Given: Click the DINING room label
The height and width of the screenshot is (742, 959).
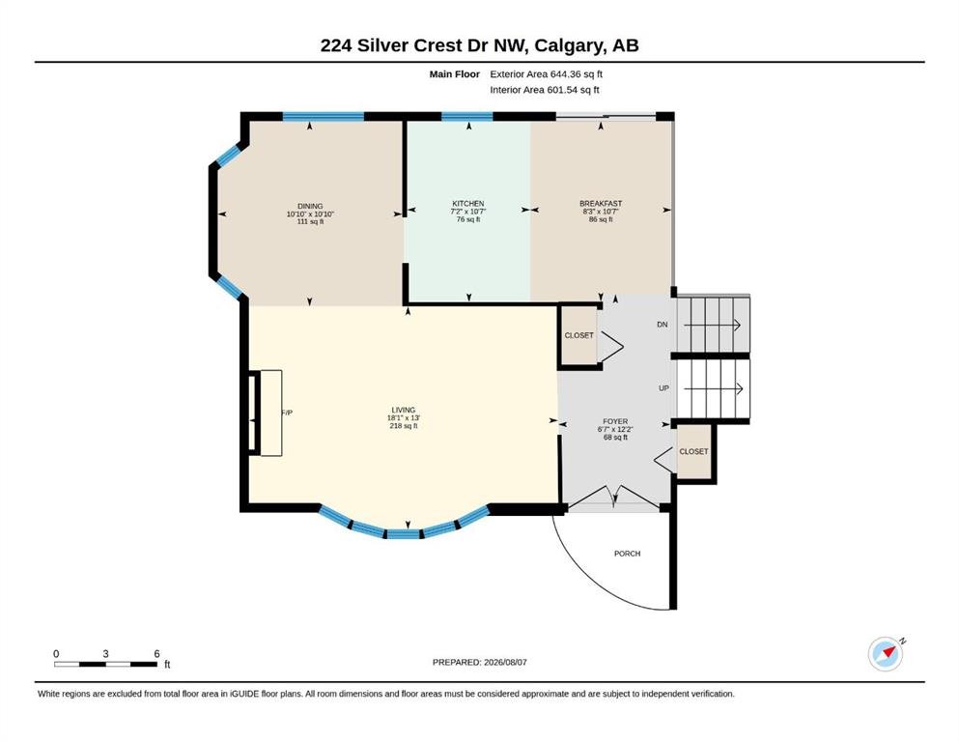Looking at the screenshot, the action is tap(310, 206).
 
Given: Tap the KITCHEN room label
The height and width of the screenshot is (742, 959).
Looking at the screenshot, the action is tap(467, 204).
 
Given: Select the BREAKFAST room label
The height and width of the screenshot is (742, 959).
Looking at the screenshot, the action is tap(601, 204).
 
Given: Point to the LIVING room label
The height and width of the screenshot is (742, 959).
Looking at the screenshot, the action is tap(403, 410).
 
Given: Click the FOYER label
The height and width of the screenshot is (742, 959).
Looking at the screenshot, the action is tap(615, 421).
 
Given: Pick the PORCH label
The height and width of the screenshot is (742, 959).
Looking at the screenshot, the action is tap(628, 554).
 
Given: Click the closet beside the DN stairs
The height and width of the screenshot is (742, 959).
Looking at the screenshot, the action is tap(578, 336).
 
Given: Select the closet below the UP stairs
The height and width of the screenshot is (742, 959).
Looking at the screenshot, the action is tap(693, 451).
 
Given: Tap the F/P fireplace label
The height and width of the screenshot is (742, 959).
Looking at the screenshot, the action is tap(287, 413).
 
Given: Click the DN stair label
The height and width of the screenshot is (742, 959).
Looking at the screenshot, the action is tap(663, 325).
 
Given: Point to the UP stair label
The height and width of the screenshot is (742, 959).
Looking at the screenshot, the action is tap(663, 388).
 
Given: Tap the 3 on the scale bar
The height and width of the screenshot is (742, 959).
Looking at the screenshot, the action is tap(106, 654).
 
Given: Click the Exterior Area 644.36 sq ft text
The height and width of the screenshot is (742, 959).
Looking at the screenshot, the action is tap(547, 74).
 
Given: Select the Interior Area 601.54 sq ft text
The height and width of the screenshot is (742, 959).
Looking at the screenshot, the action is tap(545, 90).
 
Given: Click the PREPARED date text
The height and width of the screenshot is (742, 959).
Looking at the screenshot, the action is tap(479, 662).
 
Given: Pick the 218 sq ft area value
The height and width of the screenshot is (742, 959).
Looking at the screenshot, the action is tap(404, 426).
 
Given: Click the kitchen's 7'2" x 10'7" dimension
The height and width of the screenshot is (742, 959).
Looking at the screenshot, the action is tap(468, 212).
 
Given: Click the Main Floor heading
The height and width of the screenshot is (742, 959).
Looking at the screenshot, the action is tap(455, 74).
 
